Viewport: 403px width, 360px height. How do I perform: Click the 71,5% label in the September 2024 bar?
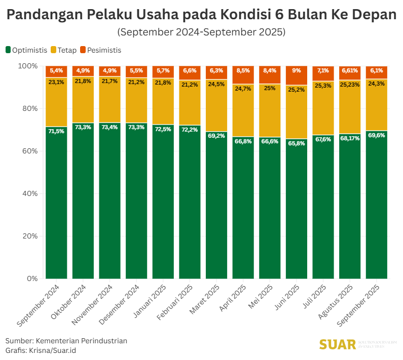pyautogui.click(x=56, y=131)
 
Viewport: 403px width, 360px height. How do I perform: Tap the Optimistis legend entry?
pyautogui.click(x=26, y=50)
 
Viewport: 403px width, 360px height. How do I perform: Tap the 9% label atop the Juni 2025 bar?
pyautogui.click(x=297, y=70)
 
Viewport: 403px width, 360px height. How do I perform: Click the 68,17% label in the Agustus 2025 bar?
pyautogui.click(x=350, y=138)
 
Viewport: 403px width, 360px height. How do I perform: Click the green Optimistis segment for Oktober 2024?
pyautogui.click(x=83, y=203)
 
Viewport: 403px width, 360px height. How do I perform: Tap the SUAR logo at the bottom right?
pyautogui.click(x=338, y=345)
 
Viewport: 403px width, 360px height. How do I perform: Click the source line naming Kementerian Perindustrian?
pyautogui.click(x=66, y=341)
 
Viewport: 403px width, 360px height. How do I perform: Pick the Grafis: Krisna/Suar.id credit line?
pyautogui.click(x=41, y=350)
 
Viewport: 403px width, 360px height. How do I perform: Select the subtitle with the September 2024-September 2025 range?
pyautogui.click(x=201, y=32)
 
